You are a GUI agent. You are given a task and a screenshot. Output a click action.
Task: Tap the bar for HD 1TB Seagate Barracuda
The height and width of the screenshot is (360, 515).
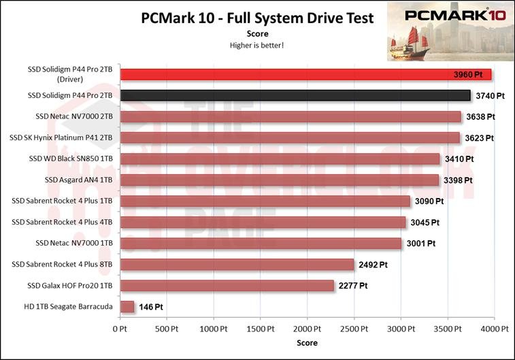pos(127,307)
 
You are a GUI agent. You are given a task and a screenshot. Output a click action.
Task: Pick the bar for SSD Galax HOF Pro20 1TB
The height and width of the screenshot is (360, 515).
pos(227,286)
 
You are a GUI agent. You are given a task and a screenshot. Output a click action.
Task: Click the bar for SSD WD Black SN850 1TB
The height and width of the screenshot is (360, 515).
pos(280,159)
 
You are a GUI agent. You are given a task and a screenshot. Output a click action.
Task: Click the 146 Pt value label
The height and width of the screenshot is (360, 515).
pos(150,307)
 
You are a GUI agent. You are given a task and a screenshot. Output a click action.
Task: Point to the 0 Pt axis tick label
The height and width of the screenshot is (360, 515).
pos(120,329)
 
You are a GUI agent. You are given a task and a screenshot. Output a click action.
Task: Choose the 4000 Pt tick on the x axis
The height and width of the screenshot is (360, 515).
pos(494,329)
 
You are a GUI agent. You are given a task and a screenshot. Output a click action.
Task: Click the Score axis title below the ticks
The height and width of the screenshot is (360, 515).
pos(307,343)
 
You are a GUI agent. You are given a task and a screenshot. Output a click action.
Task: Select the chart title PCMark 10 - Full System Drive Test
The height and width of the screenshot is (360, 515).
pos(257,18)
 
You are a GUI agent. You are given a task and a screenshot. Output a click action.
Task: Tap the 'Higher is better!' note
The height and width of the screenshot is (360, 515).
pos(257,45)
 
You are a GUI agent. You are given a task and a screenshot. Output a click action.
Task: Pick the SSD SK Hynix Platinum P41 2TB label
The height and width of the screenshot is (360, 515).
pos(61,138)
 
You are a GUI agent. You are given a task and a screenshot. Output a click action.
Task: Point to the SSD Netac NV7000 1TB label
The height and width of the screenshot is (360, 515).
pos(75,244)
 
